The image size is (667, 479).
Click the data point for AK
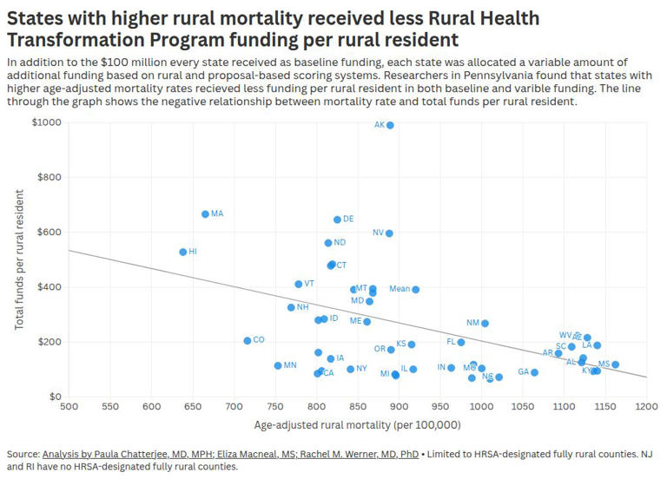[390, 125]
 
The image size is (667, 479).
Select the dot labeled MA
[205, 214]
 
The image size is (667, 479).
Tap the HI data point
[183, 252]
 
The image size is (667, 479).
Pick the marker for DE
[337, 220]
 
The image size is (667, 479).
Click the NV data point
[389, 233]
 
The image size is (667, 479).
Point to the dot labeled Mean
[416, 290]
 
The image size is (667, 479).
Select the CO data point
[248, 341]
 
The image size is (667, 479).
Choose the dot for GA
[534, 373]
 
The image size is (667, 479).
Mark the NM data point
[485, 324]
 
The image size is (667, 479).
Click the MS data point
[615, 364]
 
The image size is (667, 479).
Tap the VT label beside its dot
[309, 284]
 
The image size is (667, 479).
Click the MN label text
[290, 365]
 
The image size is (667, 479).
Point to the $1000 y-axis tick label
[47, 122]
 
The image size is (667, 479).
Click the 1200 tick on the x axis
[645, 406]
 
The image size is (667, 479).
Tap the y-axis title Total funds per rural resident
[20, 259]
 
